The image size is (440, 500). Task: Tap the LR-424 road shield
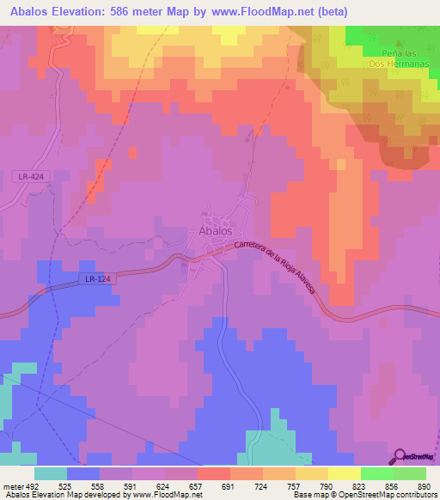(29, 177)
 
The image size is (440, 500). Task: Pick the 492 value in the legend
(31, 485)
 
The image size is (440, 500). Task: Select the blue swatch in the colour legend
(83, 473)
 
